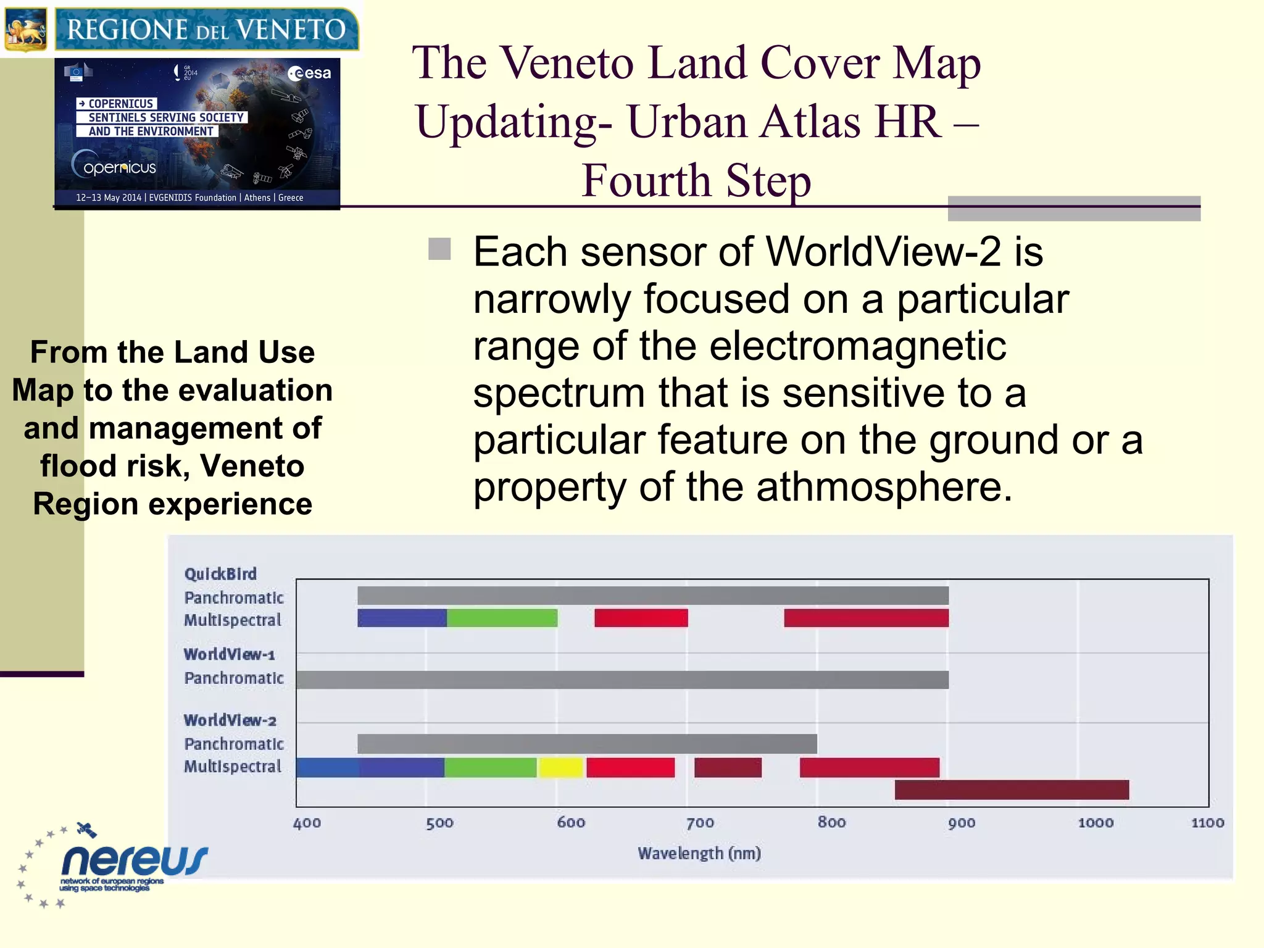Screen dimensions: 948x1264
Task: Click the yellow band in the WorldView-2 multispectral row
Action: (560, 767)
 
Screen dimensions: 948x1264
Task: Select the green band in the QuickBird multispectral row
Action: (502, 618)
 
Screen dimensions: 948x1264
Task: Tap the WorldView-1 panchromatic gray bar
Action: (622, 680)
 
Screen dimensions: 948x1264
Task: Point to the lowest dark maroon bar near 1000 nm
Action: (1012, 789)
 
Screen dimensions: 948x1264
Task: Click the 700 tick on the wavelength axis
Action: (700, 823)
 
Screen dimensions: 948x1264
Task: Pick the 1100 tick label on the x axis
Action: (1207, 823)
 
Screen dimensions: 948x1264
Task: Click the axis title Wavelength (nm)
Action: (699, 853)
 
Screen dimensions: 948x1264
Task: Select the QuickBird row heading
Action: (220, 574)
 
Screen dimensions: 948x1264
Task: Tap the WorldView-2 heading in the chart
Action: (230, 720)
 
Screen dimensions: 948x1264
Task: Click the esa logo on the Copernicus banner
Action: (310, 73)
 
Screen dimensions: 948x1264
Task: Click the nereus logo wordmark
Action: (135, 860)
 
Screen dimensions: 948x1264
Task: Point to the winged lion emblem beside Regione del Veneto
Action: (26, 30)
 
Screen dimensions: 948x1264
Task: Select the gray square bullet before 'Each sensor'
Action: (439, 249)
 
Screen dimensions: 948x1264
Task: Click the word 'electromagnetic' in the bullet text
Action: (857, 346)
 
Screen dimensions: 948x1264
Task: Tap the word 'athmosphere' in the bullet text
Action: (884, 487)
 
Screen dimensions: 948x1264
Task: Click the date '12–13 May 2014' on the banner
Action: (109, 197)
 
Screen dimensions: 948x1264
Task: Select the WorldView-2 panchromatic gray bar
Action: (587, 744)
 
